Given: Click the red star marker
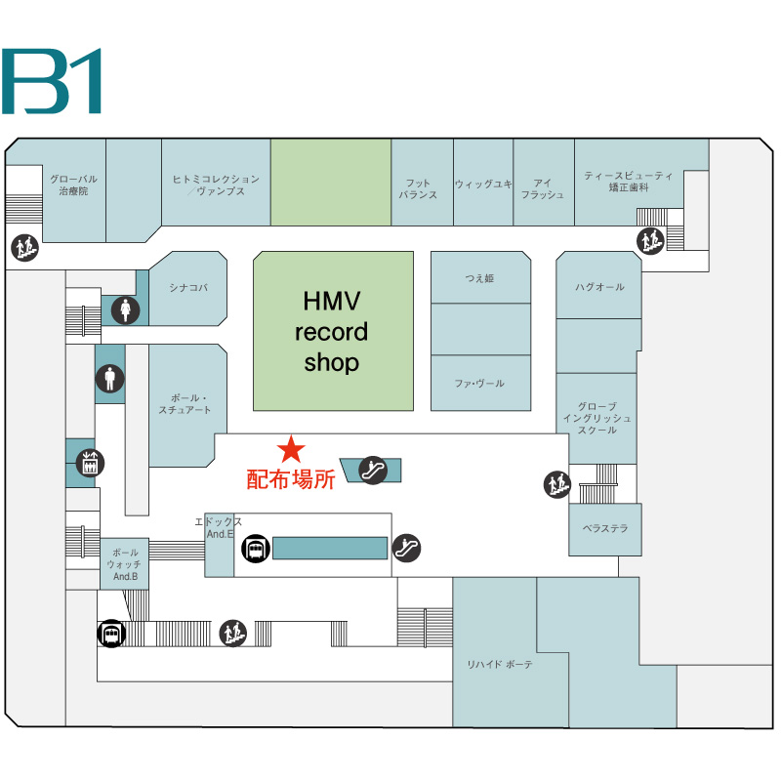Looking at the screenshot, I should [x=291, y=449].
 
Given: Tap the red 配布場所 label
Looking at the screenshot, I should [x=290, y=479].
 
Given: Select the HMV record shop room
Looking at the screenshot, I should [x=333, y=331].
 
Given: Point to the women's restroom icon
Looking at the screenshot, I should [x=125, y=310].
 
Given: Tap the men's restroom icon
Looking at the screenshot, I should [x=110, y=378].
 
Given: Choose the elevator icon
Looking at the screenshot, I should [x=90, y=463].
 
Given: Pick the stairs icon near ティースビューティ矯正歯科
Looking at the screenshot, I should [x=650, y=239].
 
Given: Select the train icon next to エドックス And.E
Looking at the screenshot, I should [x=256, y=549].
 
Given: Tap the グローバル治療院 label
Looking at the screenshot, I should [x=73, y=185].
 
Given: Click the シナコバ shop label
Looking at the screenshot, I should [x=187, y=287].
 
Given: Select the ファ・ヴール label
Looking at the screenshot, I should [x=480, y=384].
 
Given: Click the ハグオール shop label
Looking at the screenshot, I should [x=599, y=287].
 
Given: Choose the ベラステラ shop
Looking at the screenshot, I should [x=605, y=528].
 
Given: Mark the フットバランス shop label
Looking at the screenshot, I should [x=418, y=188].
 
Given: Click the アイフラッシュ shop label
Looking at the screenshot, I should [x=543, y=188].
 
